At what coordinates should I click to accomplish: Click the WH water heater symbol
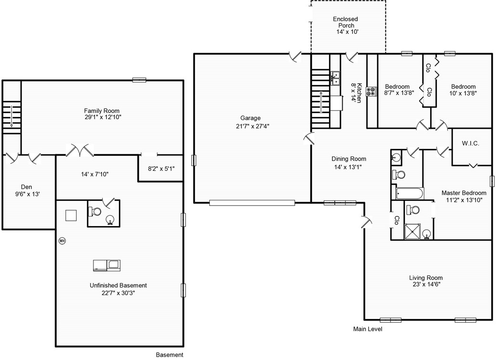coord(62,241)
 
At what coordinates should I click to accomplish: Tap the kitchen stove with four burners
coord(372,92)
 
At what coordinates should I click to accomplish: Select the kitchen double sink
coord(335,78)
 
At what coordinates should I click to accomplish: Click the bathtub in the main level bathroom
coord(410,194)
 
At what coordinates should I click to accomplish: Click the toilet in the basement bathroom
coord(94,211)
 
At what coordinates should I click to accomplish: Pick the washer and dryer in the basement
coord(107,266)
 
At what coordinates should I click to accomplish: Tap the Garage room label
coord(250,118)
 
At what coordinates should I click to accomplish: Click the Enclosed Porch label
coord(346,22)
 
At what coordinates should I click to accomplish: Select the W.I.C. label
coord(470,144)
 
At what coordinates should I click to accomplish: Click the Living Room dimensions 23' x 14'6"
coord(426,284)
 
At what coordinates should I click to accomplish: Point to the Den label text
coord(27,187)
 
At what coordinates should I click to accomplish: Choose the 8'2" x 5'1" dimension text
coord(161,169)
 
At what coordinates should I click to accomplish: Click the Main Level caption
coord(368,329)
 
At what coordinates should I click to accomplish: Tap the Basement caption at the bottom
coord(170,355)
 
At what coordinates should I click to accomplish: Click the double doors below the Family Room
coord(80,150)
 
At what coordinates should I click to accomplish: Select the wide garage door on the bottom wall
coord(252,203)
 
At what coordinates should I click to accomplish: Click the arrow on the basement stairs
coord(11,116)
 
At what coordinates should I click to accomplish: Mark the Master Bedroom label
coord(464,193)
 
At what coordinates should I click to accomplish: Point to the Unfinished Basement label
coord(118,285)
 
